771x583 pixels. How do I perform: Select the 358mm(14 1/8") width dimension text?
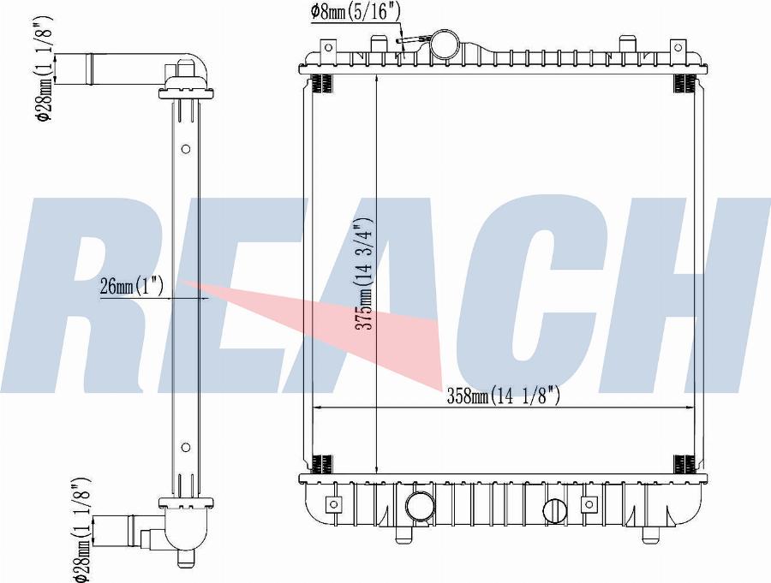pos(503,396)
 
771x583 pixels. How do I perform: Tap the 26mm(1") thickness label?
pos(131,286)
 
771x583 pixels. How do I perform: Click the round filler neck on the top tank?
pos(445,45)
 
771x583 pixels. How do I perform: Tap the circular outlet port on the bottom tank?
pos(421,505)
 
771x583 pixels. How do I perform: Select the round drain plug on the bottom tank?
pos(556,510)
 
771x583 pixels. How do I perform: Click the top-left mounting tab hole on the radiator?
pos(328,48)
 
